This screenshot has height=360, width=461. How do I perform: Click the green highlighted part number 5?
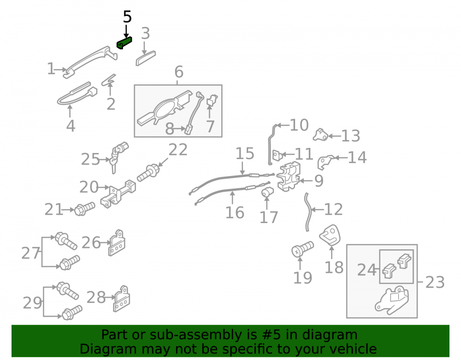124,43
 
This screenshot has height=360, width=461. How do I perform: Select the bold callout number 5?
127,17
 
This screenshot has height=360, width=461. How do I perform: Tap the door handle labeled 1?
90,62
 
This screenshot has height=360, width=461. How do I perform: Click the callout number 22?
178,150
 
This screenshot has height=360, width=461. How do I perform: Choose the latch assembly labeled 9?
289,177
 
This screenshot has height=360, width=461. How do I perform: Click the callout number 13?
350,136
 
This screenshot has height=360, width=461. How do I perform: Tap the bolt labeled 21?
85,208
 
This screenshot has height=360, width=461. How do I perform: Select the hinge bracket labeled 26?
117,243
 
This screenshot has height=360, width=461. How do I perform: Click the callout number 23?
435,283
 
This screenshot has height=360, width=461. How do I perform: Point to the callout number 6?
179,72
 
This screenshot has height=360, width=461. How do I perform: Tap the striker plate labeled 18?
331,236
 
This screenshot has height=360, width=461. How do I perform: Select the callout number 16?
235,212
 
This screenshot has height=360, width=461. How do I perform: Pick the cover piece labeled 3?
146,58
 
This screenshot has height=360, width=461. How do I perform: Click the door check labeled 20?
118,194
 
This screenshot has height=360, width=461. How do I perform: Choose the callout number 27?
30,253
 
